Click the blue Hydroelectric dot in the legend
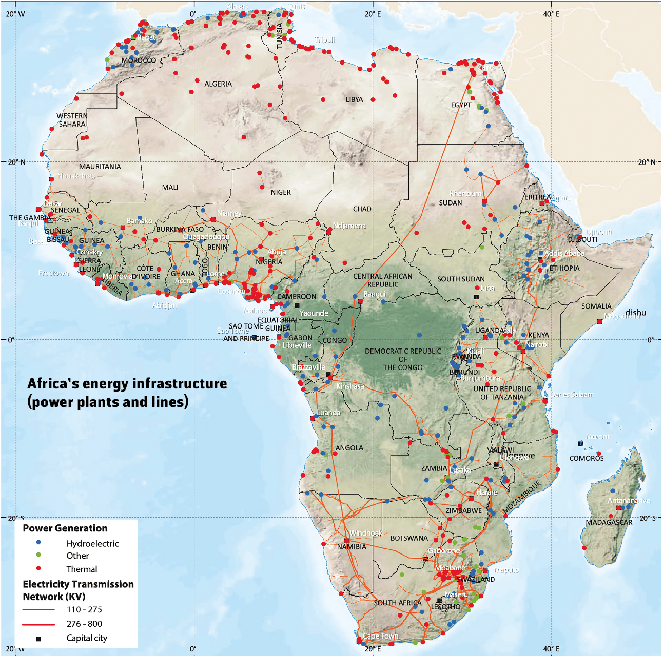coord(38,542)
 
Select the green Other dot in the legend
coord(38,555)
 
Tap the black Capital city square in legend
coord(38,639)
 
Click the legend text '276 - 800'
coord(84,624)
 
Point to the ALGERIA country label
coord(218,84)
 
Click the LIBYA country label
coord(354,99)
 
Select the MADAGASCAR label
coord(609,522)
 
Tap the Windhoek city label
coord(366,533)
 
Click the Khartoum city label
coord(465,193)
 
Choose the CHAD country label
coord(362,209)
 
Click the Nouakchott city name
coord(76,176)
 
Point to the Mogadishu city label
coord(622,316)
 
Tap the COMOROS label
coord(587,458)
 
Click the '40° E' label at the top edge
coord(551,14)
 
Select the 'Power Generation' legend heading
coord(65,528)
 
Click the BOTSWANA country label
coord(409,538)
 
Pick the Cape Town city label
coord(380,636)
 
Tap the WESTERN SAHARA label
coord(72,120)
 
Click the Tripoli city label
coord(325,39)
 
